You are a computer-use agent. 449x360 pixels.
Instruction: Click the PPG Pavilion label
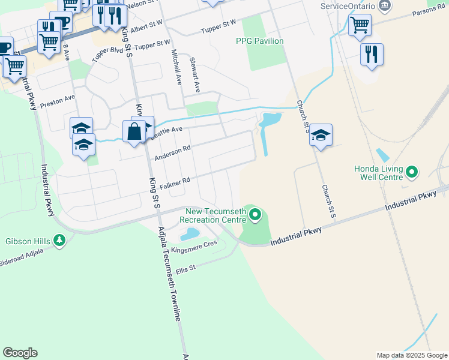coord(259,41)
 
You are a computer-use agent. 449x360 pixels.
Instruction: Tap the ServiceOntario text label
coord(348,5)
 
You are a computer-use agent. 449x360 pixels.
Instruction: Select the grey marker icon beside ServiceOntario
coord(385,6)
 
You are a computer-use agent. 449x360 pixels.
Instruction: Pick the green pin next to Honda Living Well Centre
coord(412,173)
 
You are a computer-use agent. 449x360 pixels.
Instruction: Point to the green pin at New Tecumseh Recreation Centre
coord(256,214)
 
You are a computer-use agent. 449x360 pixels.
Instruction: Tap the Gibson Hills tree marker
coord(59,241)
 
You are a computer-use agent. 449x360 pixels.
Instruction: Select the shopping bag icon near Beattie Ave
coord(134,131)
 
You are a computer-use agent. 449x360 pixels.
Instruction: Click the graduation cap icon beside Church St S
coord(321,135)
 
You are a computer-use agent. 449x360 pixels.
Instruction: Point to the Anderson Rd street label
coord(172,152)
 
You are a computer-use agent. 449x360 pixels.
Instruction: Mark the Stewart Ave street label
coord(194,74)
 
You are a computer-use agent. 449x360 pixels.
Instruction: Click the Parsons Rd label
coord(428,13)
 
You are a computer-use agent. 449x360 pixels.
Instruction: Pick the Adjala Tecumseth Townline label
coord(169,274)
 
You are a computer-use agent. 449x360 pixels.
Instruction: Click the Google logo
coord(20,353)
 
